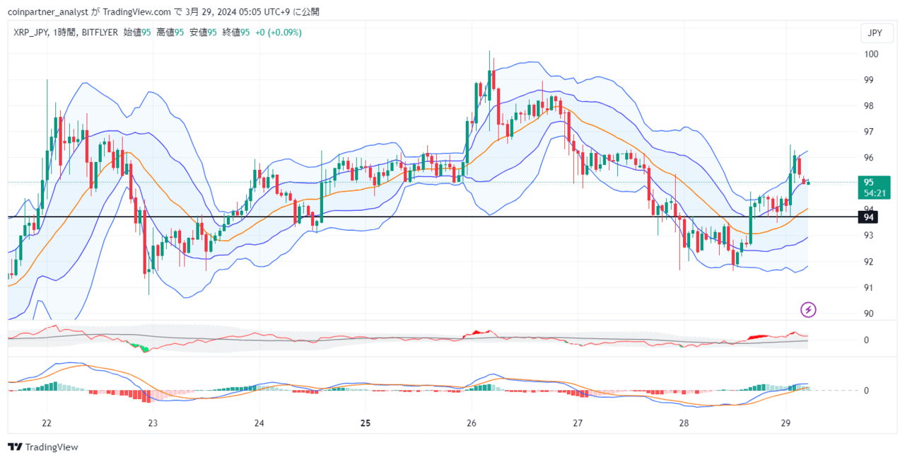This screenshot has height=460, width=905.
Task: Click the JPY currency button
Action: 875,33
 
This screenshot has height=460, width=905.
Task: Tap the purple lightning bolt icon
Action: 808,309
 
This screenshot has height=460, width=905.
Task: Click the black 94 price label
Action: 867,217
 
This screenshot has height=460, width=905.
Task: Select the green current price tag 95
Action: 875,187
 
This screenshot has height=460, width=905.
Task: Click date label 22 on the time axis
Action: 47,423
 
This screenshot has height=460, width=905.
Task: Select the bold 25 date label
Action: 365,423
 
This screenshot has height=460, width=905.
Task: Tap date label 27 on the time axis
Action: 578,423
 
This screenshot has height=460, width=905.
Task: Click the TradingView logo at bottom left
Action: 43,447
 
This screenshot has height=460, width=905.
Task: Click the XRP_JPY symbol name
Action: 30,32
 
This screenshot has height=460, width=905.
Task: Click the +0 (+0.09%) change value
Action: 278,32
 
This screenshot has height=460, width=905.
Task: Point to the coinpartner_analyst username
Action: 46,11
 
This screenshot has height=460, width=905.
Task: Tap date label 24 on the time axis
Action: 259,423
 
